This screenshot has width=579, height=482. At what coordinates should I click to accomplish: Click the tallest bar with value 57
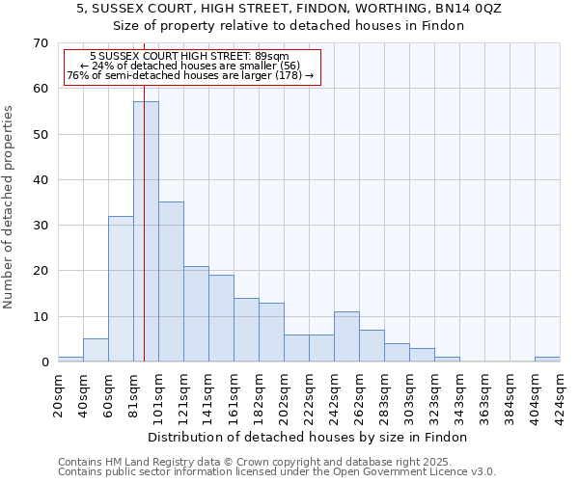(x=146, y=231)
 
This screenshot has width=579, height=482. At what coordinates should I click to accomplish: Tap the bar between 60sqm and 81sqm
(x=121, y=288)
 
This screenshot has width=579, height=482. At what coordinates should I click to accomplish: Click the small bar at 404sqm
(x=547, y=360)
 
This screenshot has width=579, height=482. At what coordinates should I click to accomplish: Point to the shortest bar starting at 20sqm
(x=70, y=360)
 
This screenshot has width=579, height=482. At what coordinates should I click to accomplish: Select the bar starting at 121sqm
(x=196, y=313)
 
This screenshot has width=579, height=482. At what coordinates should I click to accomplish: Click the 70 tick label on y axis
(x=40, y=43)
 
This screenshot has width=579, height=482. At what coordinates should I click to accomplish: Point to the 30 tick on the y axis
(x=40, y=226)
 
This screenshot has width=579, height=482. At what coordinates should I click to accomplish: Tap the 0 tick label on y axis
(x=43, y=362)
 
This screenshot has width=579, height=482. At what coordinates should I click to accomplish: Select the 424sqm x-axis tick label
(x=561, y=389)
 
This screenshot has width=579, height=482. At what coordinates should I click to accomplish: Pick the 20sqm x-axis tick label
(x=59, y=389)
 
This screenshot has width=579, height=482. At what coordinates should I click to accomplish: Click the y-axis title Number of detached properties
(x=9, y=207)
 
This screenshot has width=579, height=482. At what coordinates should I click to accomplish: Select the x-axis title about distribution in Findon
(x=309, y=437)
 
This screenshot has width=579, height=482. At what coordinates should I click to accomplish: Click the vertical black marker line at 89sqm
(x=144, y=193)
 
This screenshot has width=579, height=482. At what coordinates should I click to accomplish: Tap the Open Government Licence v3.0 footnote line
(x=277, y=471)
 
